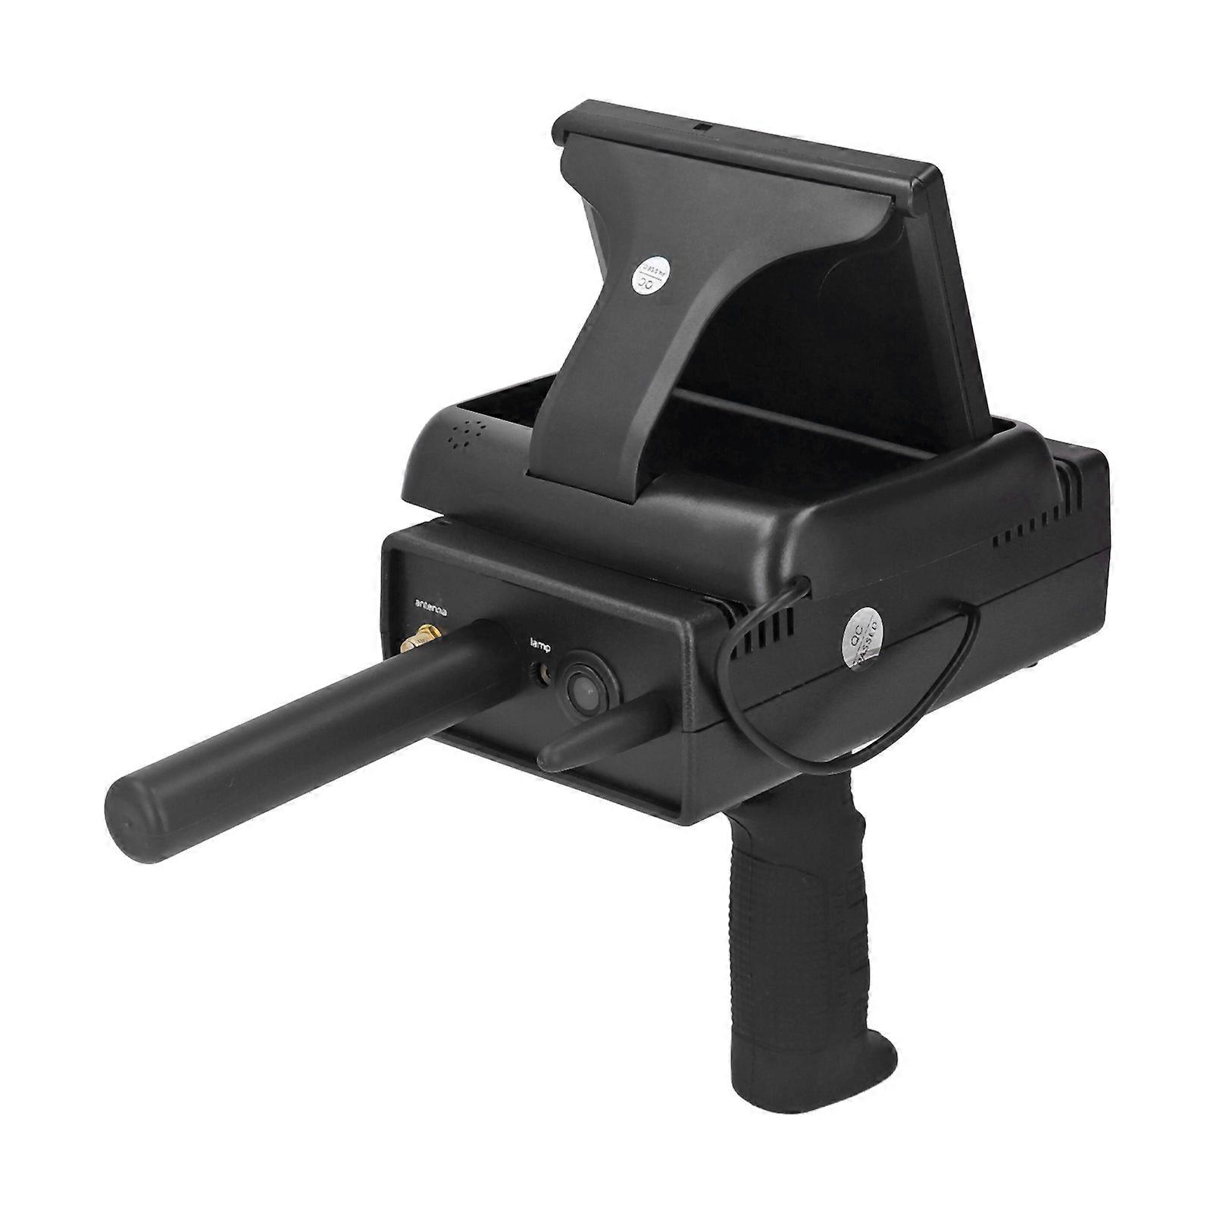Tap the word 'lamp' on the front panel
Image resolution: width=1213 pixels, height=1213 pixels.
pos(542,646)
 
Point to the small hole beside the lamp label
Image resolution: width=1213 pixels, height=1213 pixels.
pos(540,672)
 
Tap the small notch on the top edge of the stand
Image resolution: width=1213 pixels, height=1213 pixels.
pos(703,127)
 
